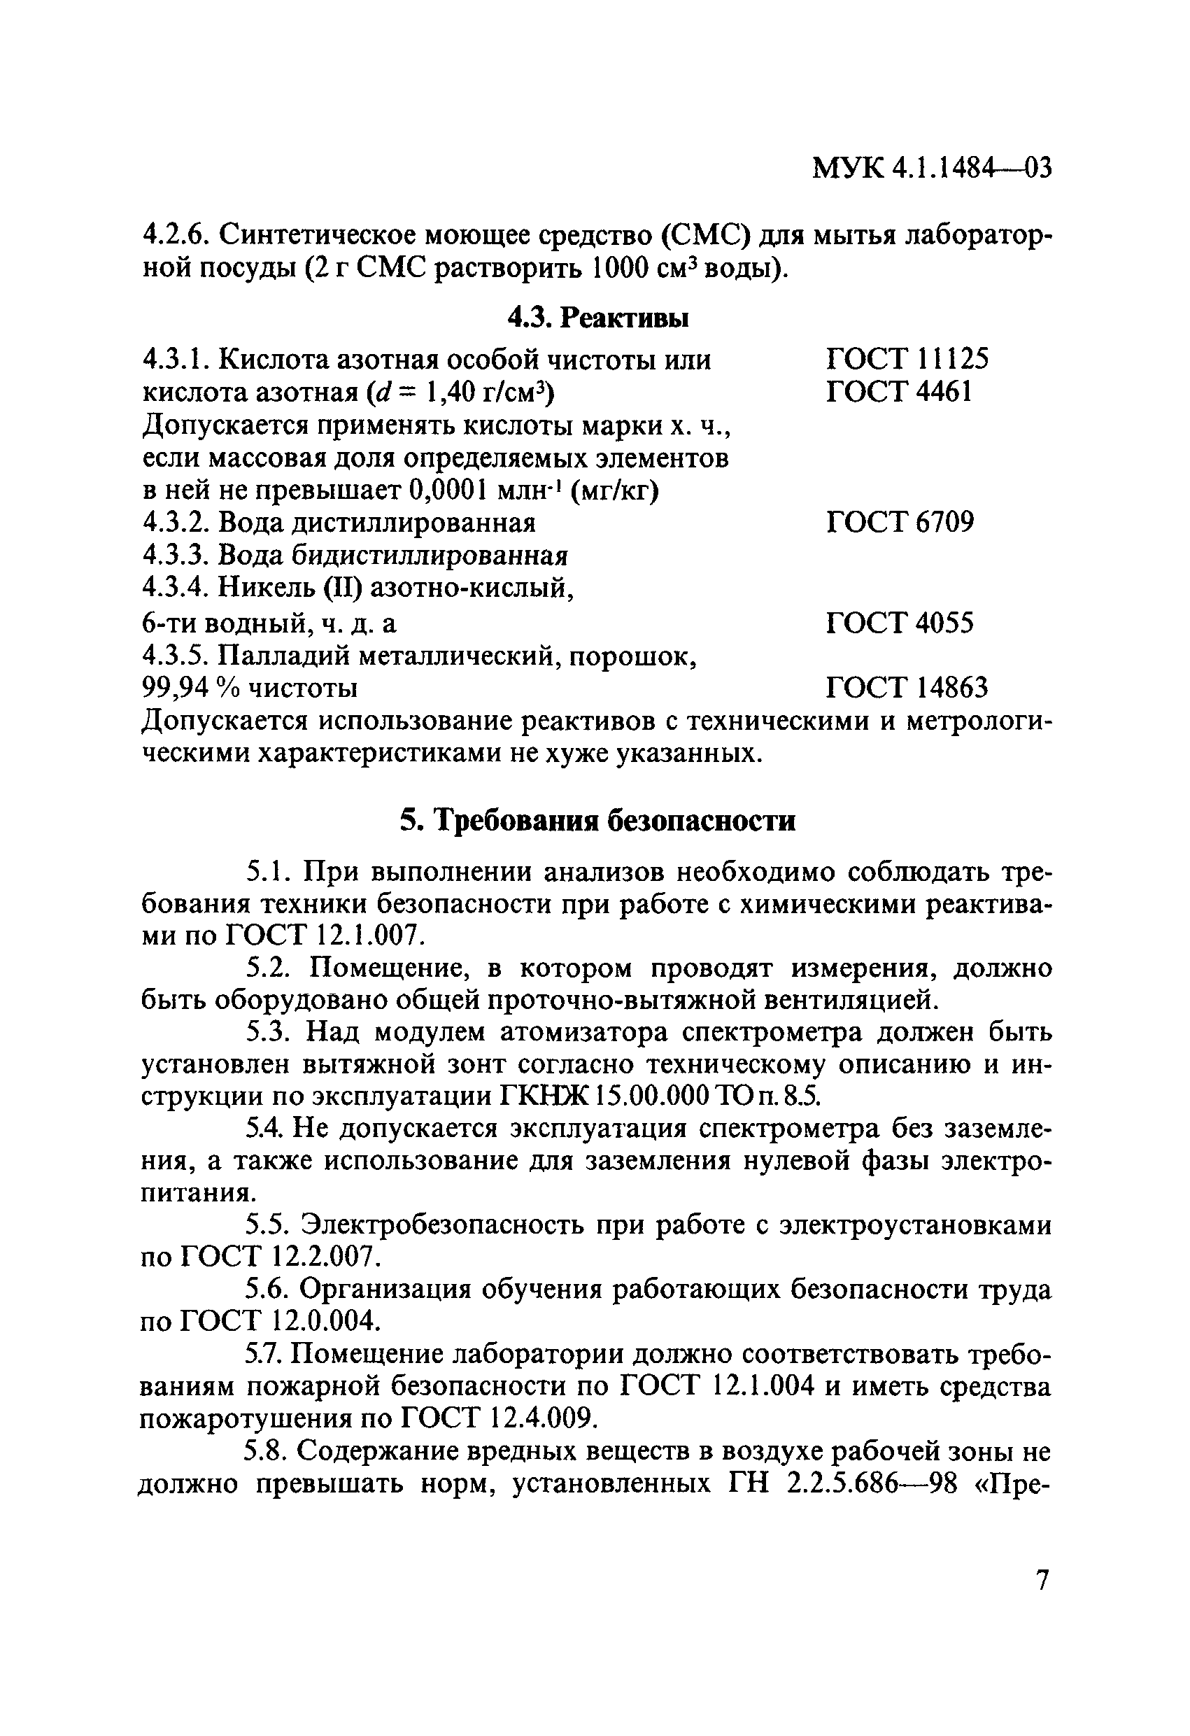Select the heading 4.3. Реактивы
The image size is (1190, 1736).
tap(597, 318)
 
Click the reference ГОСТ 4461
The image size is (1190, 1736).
tap(899, 391)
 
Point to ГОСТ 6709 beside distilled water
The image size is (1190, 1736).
tap(900, 521)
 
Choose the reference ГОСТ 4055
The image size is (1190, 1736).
tap(900, 622)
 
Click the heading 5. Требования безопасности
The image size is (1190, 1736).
tap(597, 820)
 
